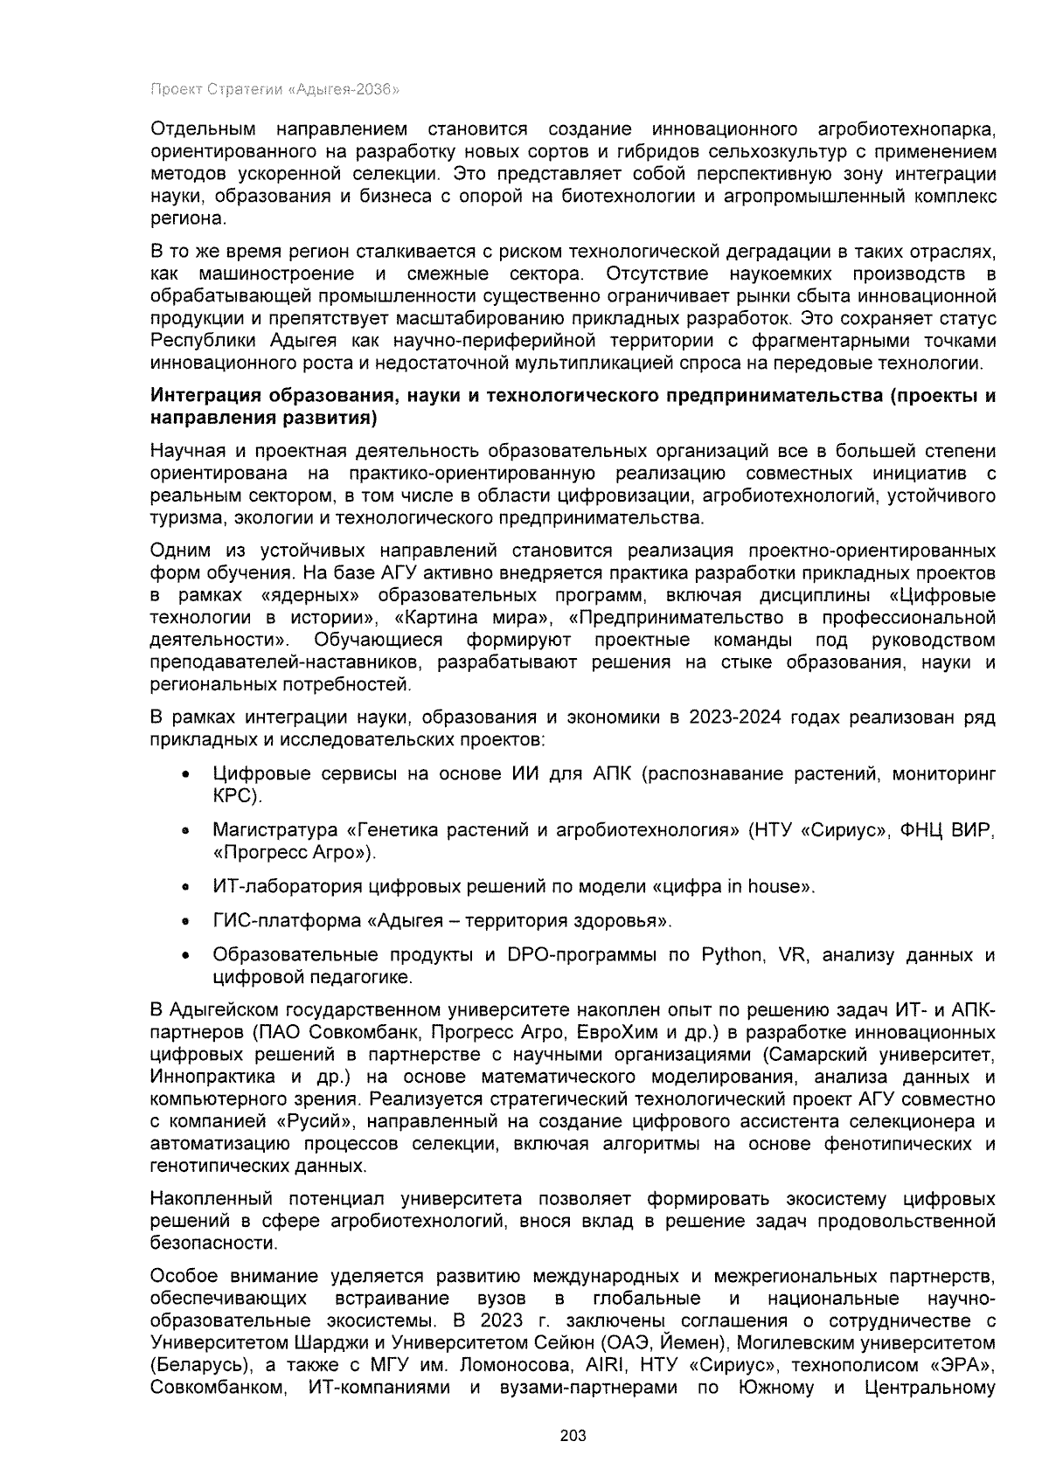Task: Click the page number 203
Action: coord(573,1436)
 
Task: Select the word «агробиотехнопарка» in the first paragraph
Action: coord(906,130)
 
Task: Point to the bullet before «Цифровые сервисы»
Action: coord(185,775)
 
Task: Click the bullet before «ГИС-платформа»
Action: coord(185,921)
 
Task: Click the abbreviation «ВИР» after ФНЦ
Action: coord(970,829)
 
